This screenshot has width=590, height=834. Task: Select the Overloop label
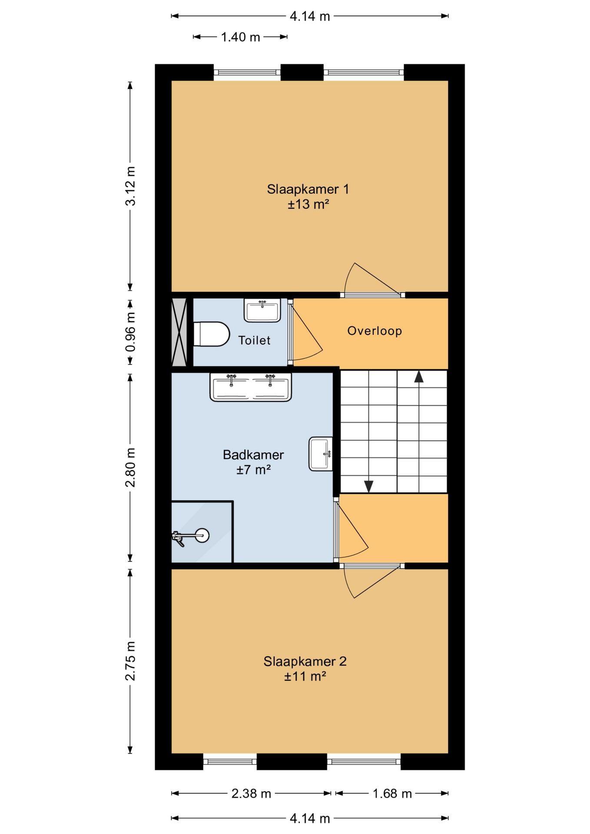[x=375, y=331]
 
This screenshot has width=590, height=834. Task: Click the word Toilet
[x=254, y=340]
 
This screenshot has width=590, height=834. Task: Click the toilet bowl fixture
[x=211, y=334]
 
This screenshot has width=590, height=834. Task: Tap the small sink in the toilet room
[x=262, y=310]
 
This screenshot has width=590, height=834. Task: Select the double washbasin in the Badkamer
[x=251, y=387]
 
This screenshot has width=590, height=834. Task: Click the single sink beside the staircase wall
[x=321, y=454]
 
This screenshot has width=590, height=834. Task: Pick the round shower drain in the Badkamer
[x=202, y=535]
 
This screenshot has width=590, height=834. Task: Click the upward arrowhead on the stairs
[x=419, y=376]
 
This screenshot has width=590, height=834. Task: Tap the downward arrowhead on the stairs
[x=369, y=486]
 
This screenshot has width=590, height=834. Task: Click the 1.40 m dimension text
[x=241, y=37]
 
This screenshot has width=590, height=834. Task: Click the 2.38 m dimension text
[x=251, y=794]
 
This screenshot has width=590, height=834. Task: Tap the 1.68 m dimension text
[x=392, y=794]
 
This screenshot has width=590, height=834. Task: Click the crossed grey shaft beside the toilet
[x=179, y=332]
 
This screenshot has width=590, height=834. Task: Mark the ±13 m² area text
[x=308, y=204]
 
